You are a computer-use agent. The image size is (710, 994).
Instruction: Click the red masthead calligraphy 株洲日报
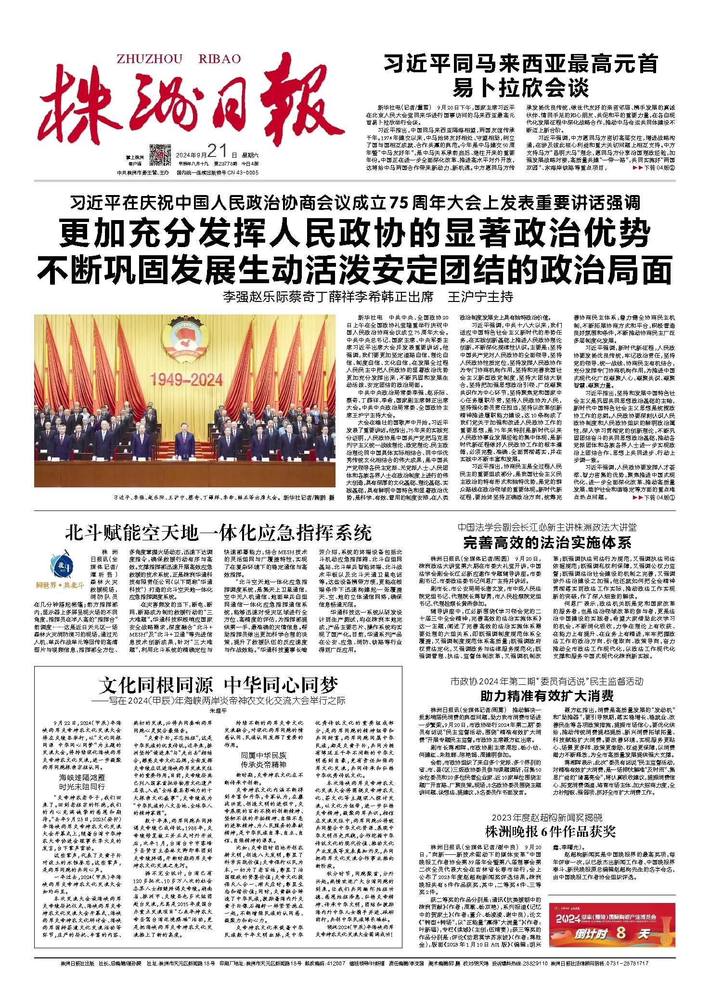190,104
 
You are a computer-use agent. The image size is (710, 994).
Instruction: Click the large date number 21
217,151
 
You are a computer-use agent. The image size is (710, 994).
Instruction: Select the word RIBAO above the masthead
219,59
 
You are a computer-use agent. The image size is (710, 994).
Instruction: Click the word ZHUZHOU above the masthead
149,59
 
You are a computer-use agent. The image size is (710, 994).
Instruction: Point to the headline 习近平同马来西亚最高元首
520,64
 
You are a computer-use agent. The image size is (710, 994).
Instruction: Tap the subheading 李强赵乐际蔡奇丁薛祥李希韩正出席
328,297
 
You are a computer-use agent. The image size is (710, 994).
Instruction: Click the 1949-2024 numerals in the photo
186,380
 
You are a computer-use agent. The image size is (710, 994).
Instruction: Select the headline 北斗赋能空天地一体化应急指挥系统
218,533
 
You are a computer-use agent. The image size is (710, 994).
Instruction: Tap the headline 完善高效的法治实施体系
547,543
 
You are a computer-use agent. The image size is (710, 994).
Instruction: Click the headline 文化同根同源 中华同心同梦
218,684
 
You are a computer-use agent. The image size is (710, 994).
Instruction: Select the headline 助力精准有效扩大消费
547,695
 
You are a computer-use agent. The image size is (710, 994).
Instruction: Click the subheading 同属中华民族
263,755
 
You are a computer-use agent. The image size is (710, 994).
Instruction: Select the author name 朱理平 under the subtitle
218,710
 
